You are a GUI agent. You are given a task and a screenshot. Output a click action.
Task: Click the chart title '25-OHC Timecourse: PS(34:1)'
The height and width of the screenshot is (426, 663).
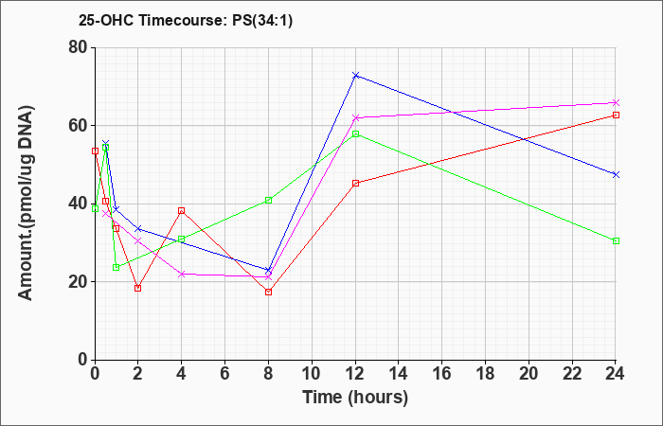186,20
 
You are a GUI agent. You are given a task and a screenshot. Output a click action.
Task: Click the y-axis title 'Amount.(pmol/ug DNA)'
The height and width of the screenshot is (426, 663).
27,203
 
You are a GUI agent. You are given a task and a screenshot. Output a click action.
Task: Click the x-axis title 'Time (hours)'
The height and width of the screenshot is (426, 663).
355,398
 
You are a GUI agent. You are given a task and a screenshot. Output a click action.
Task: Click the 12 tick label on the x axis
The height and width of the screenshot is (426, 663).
355,374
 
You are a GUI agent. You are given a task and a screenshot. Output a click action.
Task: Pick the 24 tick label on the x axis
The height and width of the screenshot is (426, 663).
615,374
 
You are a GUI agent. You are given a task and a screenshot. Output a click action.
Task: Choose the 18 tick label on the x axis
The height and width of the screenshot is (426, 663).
485,374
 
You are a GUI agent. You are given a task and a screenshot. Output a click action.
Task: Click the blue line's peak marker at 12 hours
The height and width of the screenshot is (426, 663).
355,75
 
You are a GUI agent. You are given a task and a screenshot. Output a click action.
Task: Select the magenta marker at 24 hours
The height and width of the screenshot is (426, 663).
616,102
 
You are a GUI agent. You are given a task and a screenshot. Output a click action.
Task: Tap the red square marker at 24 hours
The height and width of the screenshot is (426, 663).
616,115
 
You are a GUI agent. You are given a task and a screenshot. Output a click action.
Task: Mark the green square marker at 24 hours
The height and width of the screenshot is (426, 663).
616,240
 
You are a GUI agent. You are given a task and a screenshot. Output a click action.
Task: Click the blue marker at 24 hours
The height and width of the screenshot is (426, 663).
616,174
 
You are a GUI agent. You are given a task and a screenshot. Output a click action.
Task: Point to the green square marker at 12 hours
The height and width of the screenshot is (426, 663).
355,134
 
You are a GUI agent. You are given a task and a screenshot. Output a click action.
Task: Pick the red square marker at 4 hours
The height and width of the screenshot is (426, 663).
182,210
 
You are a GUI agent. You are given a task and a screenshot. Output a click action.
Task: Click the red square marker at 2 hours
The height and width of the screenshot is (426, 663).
138,288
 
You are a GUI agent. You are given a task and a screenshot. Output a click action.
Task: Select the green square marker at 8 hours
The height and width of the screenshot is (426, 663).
268,201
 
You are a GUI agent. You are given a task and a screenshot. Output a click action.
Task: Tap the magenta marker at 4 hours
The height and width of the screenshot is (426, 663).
182,275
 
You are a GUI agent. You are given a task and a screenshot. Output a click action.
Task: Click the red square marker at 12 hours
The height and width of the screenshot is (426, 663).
355,183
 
